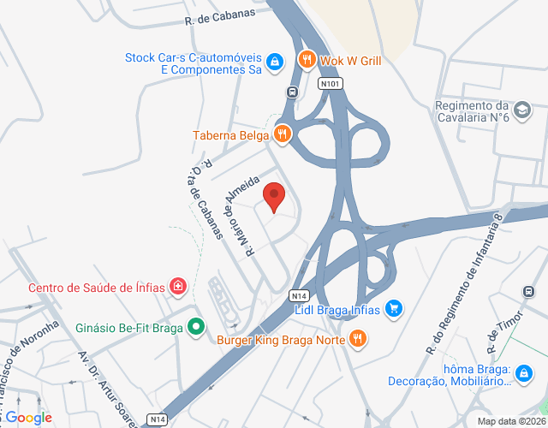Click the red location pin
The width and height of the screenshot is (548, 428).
pos(274,196)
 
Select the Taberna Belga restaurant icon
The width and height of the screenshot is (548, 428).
pos(282,134)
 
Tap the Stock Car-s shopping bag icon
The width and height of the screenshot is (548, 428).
pos(273,62)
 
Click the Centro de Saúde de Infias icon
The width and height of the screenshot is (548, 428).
pos(177,285)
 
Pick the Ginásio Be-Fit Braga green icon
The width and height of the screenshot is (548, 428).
pos(196,325)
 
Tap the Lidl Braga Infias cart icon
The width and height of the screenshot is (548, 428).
pos(393,307)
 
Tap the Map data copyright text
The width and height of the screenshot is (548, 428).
pos(511,421)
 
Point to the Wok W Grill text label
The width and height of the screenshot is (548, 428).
pos(350,61)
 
